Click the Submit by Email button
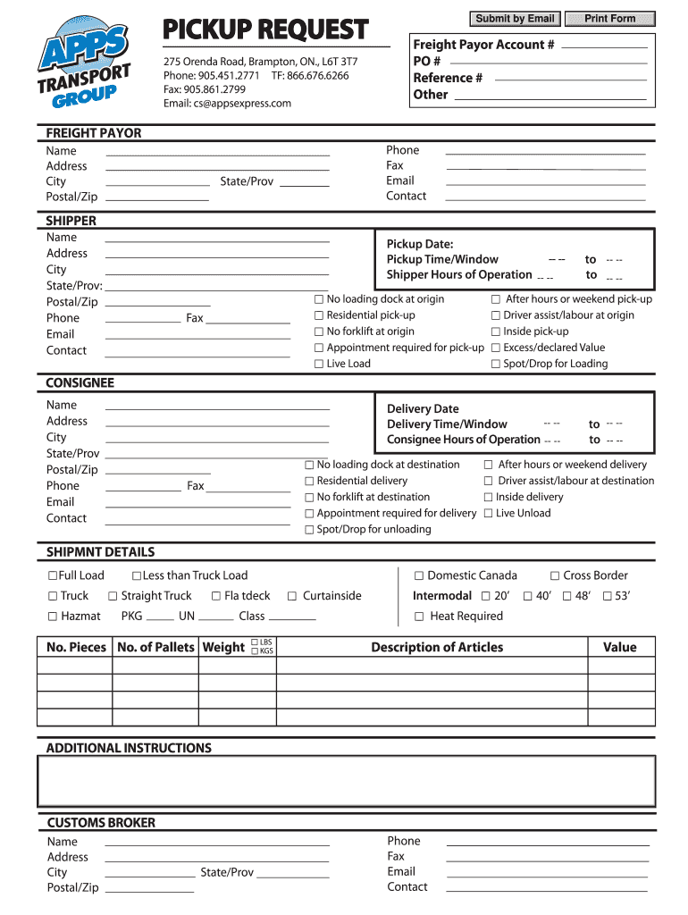515,19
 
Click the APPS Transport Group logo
85,68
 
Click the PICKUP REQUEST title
264,30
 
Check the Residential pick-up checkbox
319,315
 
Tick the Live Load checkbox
319,364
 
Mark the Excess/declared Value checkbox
496,348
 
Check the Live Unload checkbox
489,513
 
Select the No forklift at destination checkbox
309,497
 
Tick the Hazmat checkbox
53,616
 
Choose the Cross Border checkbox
555,575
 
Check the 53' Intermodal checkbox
608,596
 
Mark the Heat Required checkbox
419,617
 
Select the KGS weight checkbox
255,651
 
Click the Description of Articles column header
437,647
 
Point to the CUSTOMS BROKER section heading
101,822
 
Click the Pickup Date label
419,244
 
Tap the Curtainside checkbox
292,596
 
